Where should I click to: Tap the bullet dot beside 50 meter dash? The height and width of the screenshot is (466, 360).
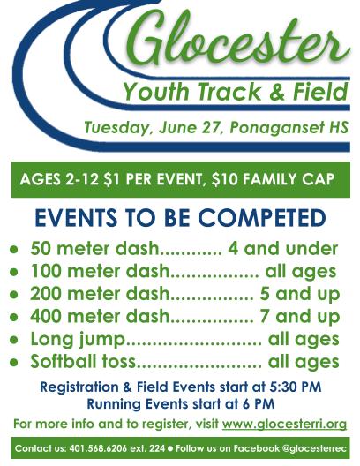[x=13, y=249]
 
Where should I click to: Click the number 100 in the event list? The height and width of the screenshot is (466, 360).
[x=47, y=271]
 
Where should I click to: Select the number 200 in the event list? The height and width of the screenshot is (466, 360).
[x=47, y=294]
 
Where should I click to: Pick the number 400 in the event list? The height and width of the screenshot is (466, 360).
[x=47, y=316]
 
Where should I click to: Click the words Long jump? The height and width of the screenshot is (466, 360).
[x=78, y=340]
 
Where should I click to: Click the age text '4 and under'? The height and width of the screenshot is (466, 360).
[x=282, y=249]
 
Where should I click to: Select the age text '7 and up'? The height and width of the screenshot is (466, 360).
[x=300, y=317]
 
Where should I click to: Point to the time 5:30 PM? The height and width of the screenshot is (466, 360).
[x=296, y=387]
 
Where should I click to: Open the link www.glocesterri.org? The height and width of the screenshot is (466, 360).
[x=284, y=425]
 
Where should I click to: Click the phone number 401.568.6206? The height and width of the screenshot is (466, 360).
[x=98, y=448]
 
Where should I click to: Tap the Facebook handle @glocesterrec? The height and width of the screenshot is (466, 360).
[x=314, y=448]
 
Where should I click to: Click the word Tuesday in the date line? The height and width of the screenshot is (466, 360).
[x=116, y=128]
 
